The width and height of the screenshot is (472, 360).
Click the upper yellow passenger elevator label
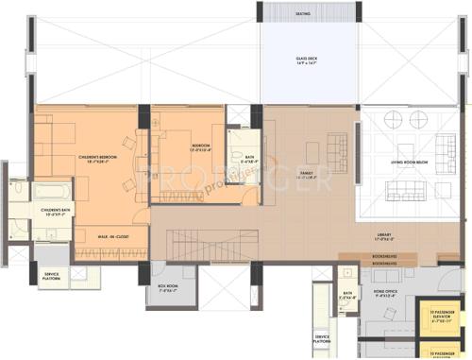click(x=445, y=317)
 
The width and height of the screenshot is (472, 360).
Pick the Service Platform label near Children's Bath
click(x=51, y=275)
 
